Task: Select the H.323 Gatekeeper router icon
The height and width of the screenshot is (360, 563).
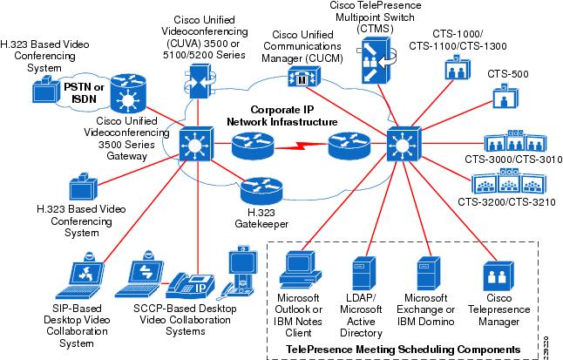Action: coord(258,189)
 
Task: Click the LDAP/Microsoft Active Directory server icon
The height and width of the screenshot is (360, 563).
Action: coord(364,273)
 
